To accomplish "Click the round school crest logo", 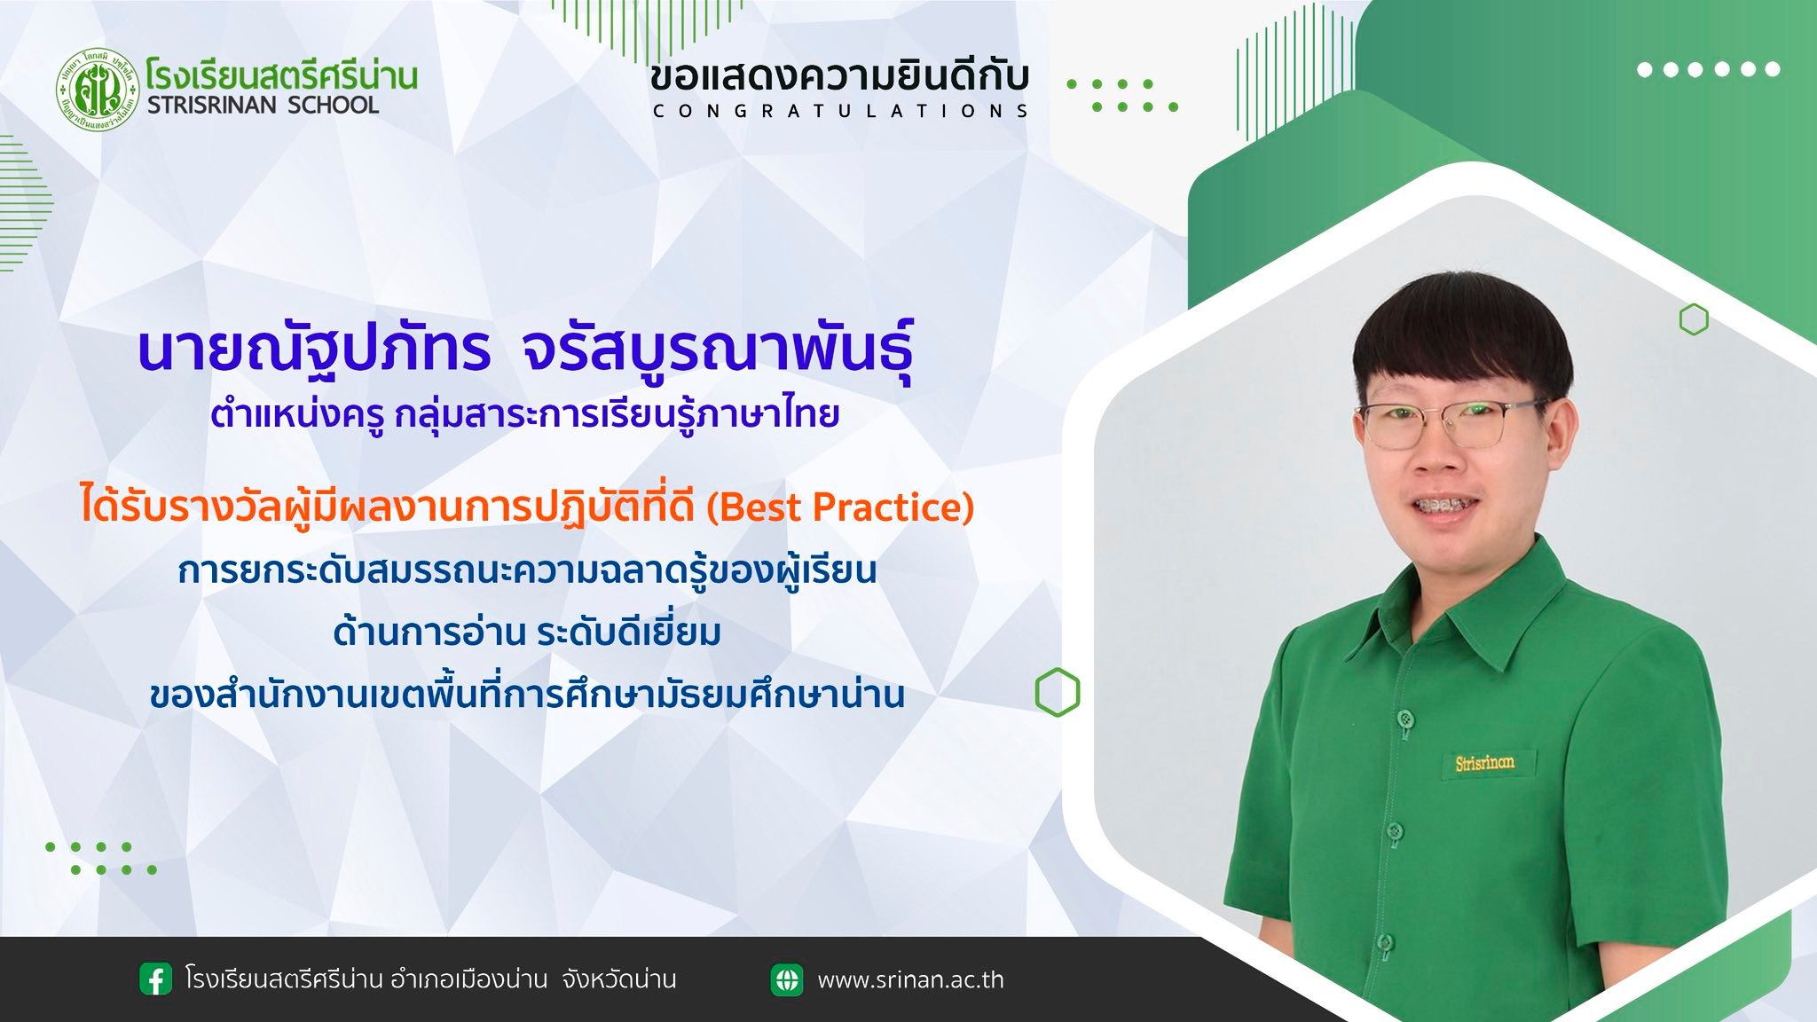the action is point(98,90).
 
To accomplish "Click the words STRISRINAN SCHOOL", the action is point(263,106).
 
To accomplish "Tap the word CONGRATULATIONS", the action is point(840,111).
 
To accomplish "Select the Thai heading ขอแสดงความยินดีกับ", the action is point(838,77).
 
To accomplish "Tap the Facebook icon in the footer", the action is point(156,979).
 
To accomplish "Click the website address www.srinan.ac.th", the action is point(910,980).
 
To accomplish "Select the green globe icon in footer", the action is point(787,979).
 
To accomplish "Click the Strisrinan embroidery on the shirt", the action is point(1484,763).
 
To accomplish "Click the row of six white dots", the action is point(1709,69).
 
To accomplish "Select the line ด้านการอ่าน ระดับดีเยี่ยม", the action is point(527,633).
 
